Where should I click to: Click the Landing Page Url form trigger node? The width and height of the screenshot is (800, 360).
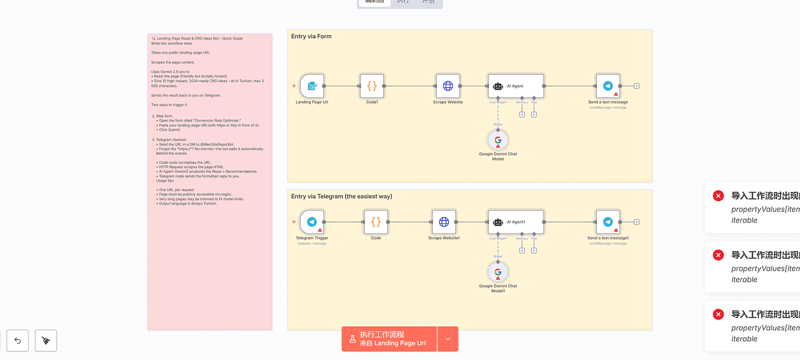(312, 86)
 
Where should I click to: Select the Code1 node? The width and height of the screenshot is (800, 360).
(372, 86)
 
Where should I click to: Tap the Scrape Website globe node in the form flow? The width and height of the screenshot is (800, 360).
(448, 86)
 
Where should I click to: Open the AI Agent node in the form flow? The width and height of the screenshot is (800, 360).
(516, 86)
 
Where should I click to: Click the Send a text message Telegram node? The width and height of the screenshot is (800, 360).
(608, 86)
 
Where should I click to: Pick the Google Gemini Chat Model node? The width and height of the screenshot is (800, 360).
(498, 140)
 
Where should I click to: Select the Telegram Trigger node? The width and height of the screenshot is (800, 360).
(312, 222)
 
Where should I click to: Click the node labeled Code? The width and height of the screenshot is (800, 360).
(376, 222)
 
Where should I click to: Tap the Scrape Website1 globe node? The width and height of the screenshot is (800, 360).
(444, 222)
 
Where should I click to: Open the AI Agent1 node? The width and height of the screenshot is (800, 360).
(516, 222)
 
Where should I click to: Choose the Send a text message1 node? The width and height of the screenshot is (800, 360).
(608, 222)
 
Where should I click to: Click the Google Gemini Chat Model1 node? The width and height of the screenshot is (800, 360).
(498, 272)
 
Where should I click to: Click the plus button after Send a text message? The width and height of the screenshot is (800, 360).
(637, 86)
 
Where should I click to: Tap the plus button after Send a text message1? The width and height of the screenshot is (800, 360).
(637, 222)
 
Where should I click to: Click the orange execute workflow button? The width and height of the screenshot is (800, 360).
(389, 339)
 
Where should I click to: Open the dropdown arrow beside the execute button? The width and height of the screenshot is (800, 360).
(448, 339)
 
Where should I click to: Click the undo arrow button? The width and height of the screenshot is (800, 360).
(18, 340)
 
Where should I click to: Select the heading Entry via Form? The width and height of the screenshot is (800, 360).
(311, 36)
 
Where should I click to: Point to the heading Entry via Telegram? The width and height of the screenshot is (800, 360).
(341, 196)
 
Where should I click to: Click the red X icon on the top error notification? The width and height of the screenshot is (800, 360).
(718, 196)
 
